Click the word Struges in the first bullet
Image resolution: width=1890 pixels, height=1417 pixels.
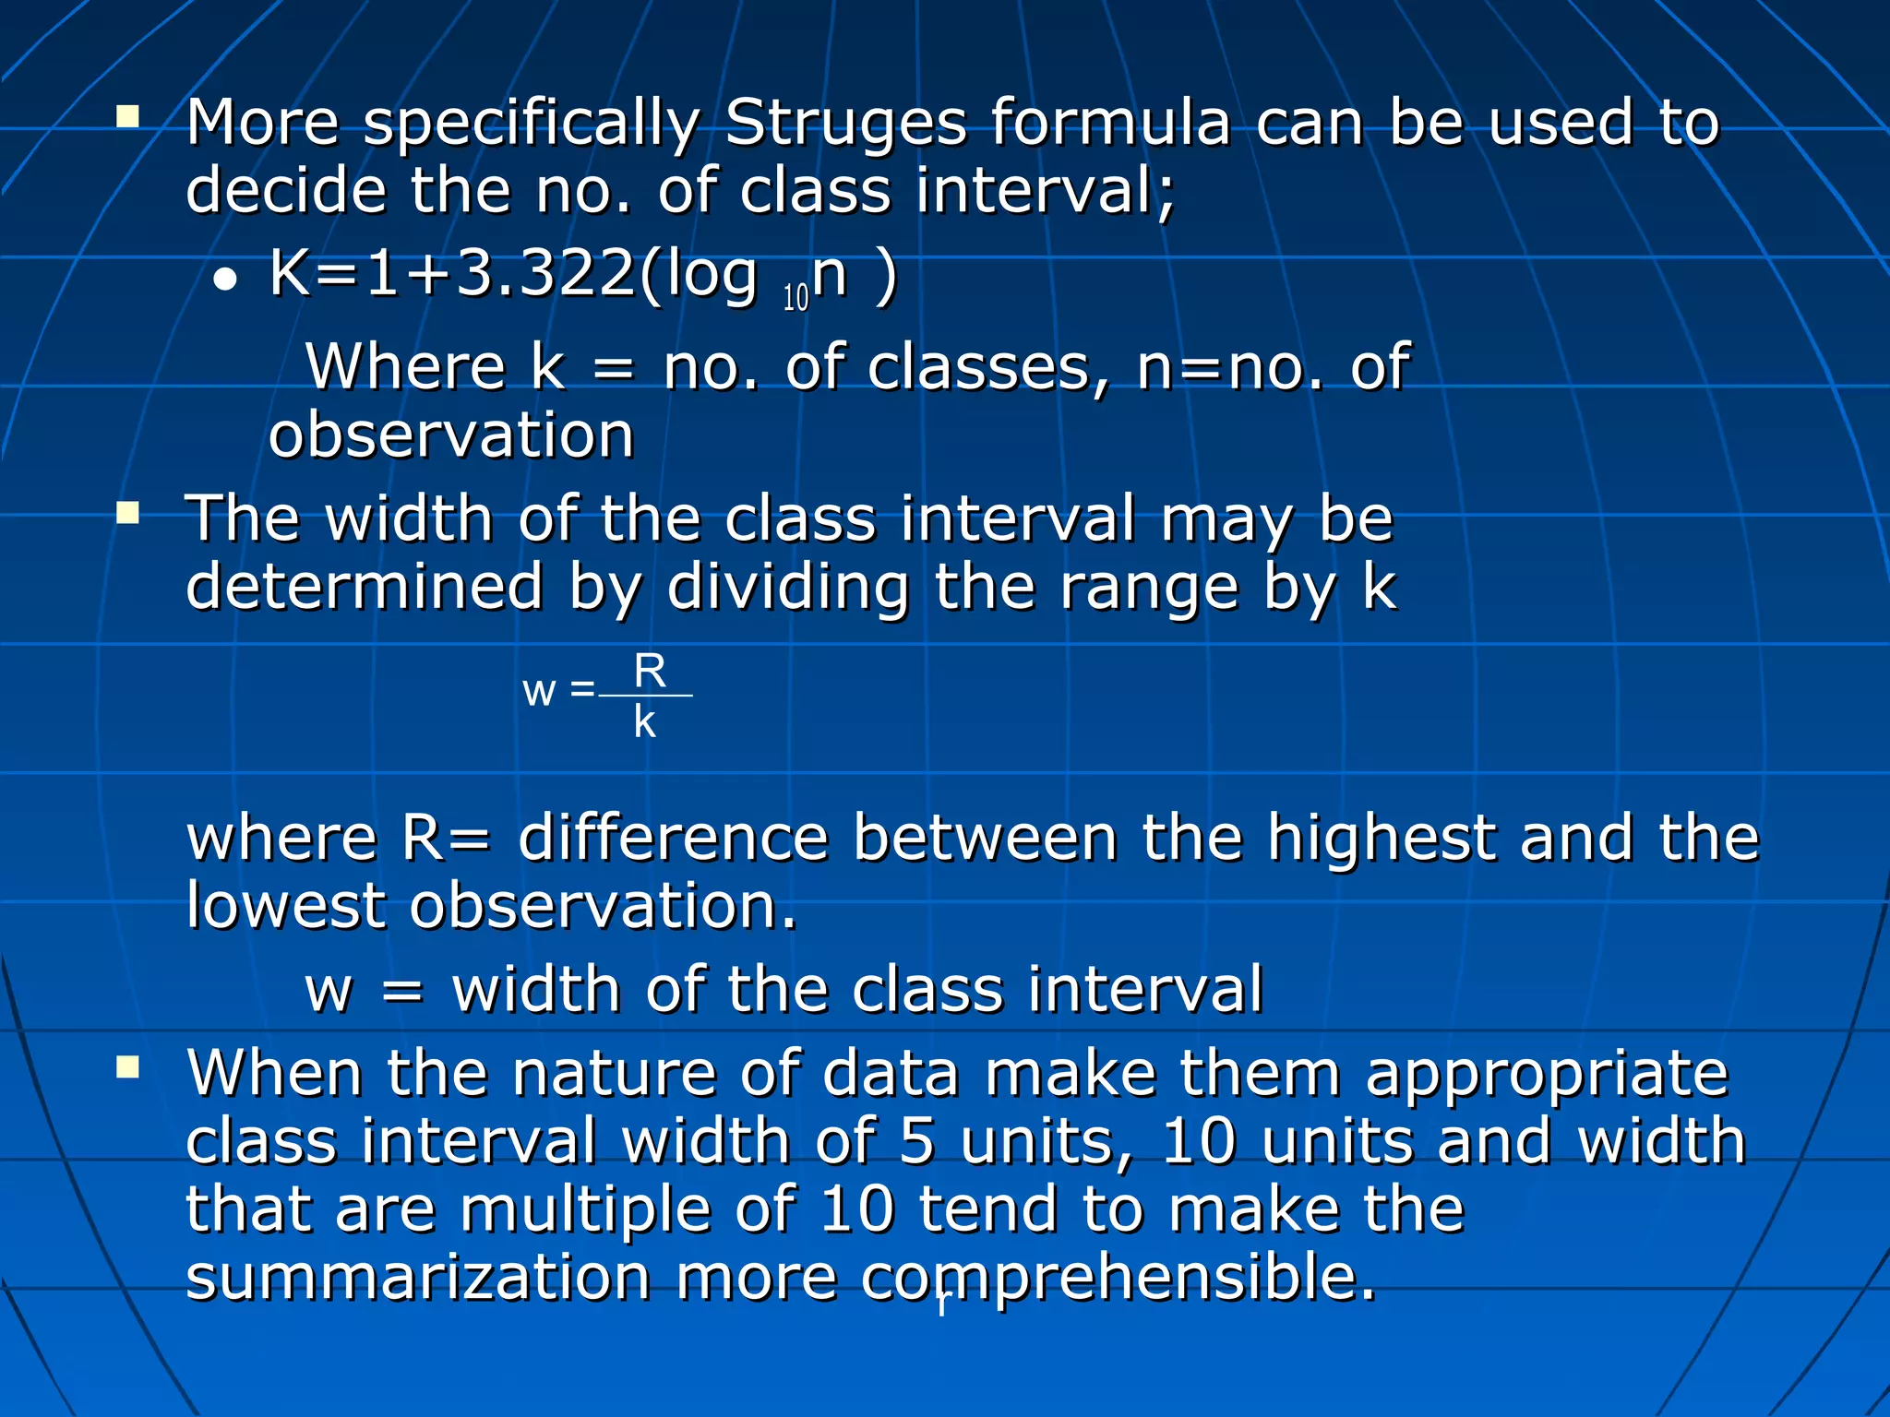[844, 123]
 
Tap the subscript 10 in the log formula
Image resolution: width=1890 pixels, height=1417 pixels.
[795, 298]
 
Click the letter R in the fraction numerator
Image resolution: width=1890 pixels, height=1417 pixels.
[650, 671]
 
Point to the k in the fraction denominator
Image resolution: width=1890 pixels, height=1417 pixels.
[644, 722]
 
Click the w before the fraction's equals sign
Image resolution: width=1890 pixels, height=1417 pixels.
[539, 692]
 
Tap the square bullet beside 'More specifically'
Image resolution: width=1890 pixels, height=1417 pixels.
[127, 116]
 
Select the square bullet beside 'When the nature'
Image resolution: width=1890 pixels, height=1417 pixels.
[127, 1067]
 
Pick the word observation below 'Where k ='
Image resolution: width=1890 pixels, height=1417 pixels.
[451, 435]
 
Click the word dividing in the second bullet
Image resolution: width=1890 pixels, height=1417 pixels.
[788, 588]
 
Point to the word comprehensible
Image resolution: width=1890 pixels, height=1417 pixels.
[1118, 1278]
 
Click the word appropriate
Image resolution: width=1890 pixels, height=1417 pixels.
[1546, 1075]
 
